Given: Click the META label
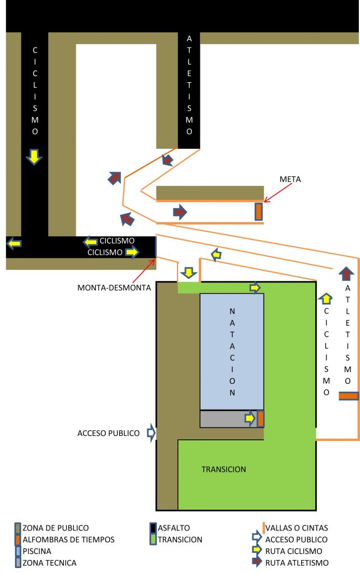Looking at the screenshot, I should click(x=290, y=180).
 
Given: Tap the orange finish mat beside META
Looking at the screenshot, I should click(x=259, y=212).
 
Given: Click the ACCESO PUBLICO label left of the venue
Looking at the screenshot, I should click(x=108, y=433).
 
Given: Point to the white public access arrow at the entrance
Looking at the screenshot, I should click(x=151, y=433).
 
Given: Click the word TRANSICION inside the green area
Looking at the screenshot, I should click(x=223, y=469).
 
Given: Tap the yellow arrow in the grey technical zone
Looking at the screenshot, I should click(x=250, y=418).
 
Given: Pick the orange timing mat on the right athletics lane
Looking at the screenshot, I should click(x=348, y=396).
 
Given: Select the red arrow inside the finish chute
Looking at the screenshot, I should click(x=180, y=212).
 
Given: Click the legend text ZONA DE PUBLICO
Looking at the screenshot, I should click(x=56, y=528).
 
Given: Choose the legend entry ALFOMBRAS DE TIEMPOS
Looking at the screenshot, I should click(x=68, y=539).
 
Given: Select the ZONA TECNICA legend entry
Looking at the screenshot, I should click(x=50, y=563).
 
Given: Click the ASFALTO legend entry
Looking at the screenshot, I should click(x=174, y=528).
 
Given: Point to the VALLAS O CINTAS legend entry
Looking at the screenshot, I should click(x=297, y=528).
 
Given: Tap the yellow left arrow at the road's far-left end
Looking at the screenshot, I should click(x=14, y=243).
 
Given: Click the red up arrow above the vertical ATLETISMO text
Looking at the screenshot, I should click(x=346, y=274).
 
